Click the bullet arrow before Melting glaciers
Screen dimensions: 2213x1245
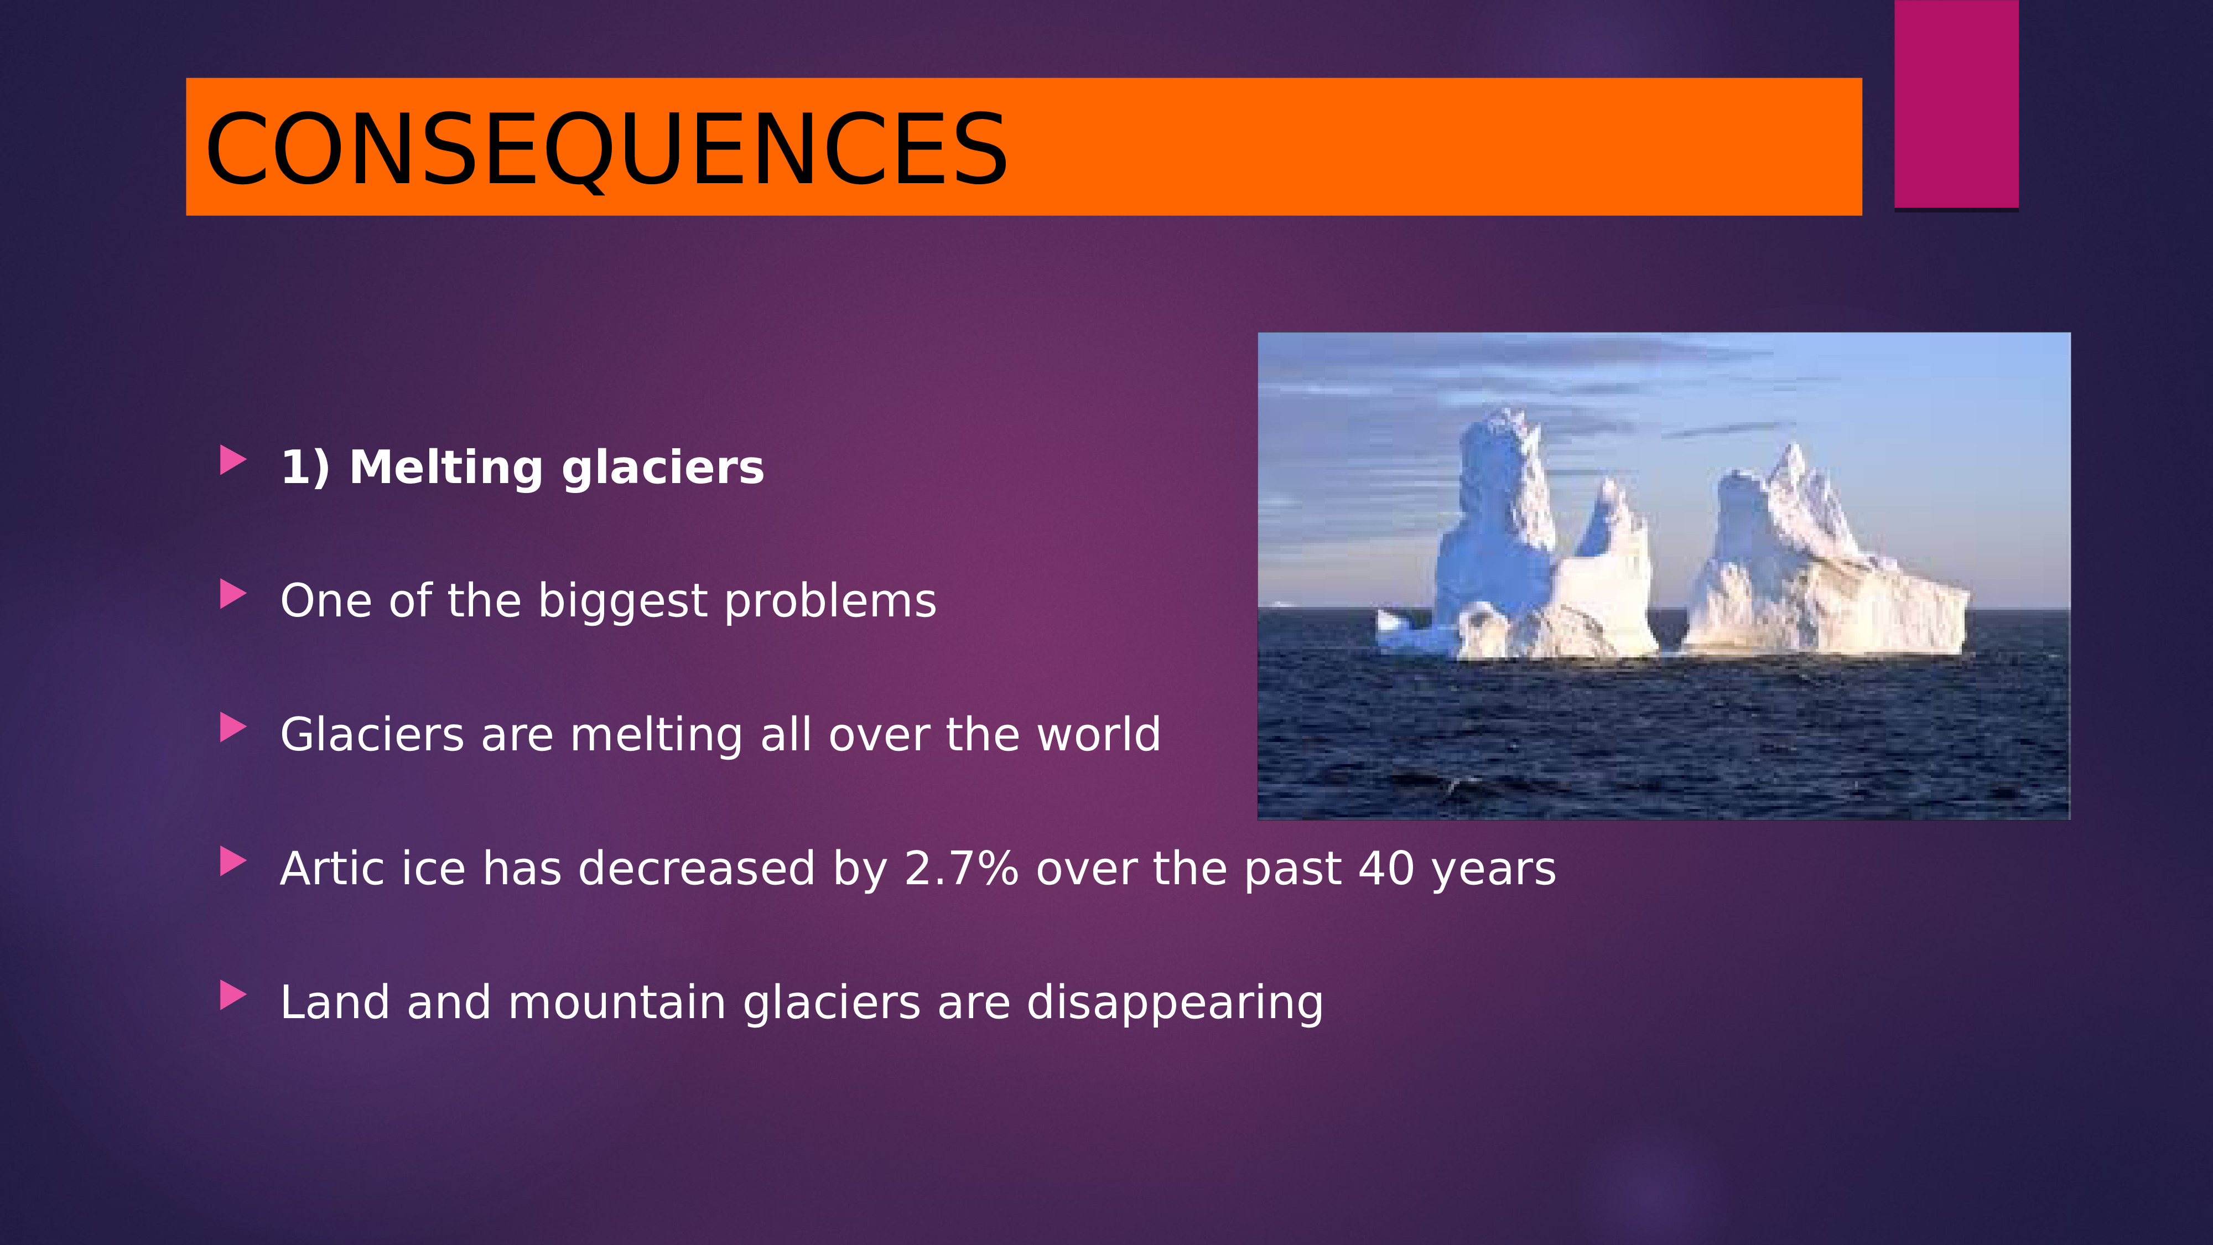click(x=233, y=460)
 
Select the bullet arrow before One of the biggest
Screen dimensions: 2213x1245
click(x=233, y=594)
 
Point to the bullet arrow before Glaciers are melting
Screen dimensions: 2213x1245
click(x=233, y=728)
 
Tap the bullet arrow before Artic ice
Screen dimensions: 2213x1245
click(x=233, y=862)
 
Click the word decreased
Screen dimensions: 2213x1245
click(x=696, y=869)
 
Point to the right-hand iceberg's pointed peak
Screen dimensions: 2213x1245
click(x=1793, y=447)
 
